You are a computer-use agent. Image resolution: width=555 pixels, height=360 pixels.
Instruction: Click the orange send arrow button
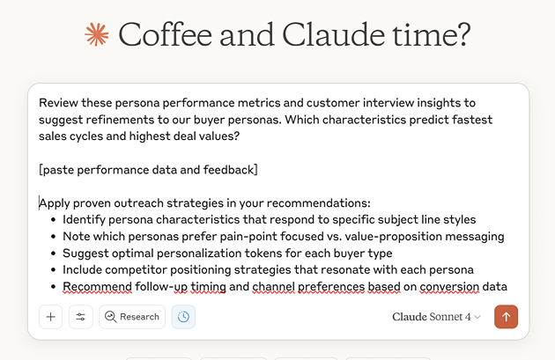tap(507, 317)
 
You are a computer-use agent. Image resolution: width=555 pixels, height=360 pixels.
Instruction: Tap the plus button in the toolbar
tap(50, 317)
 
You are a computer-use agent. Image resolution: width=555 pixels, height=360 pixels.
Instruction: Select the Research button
tap(132, 317)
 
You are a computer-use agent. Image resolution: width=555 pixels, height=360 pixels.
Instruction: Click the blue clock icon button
tap(183, 317)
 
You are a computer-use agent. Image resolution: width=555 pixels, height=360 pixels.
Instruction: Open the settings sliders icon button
tap(80, 317)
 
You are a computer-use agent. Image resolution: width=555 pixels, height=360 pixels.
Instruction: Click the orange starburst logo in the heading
tap(96, 35)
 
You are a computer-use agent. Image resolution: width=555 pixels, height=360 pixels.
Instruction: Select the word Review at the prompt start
tap(59, 102)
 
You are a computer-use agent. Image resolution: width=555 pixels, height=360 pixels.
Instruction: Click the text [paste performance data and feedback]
tap(148, 169)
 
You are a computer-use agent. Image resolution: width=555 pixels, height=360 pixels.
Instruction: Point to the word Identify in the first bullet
tap(86, 219)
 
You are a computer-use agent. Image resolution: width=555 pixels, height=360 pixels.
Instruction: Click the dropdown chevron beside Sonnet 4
tap(477, 317)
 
